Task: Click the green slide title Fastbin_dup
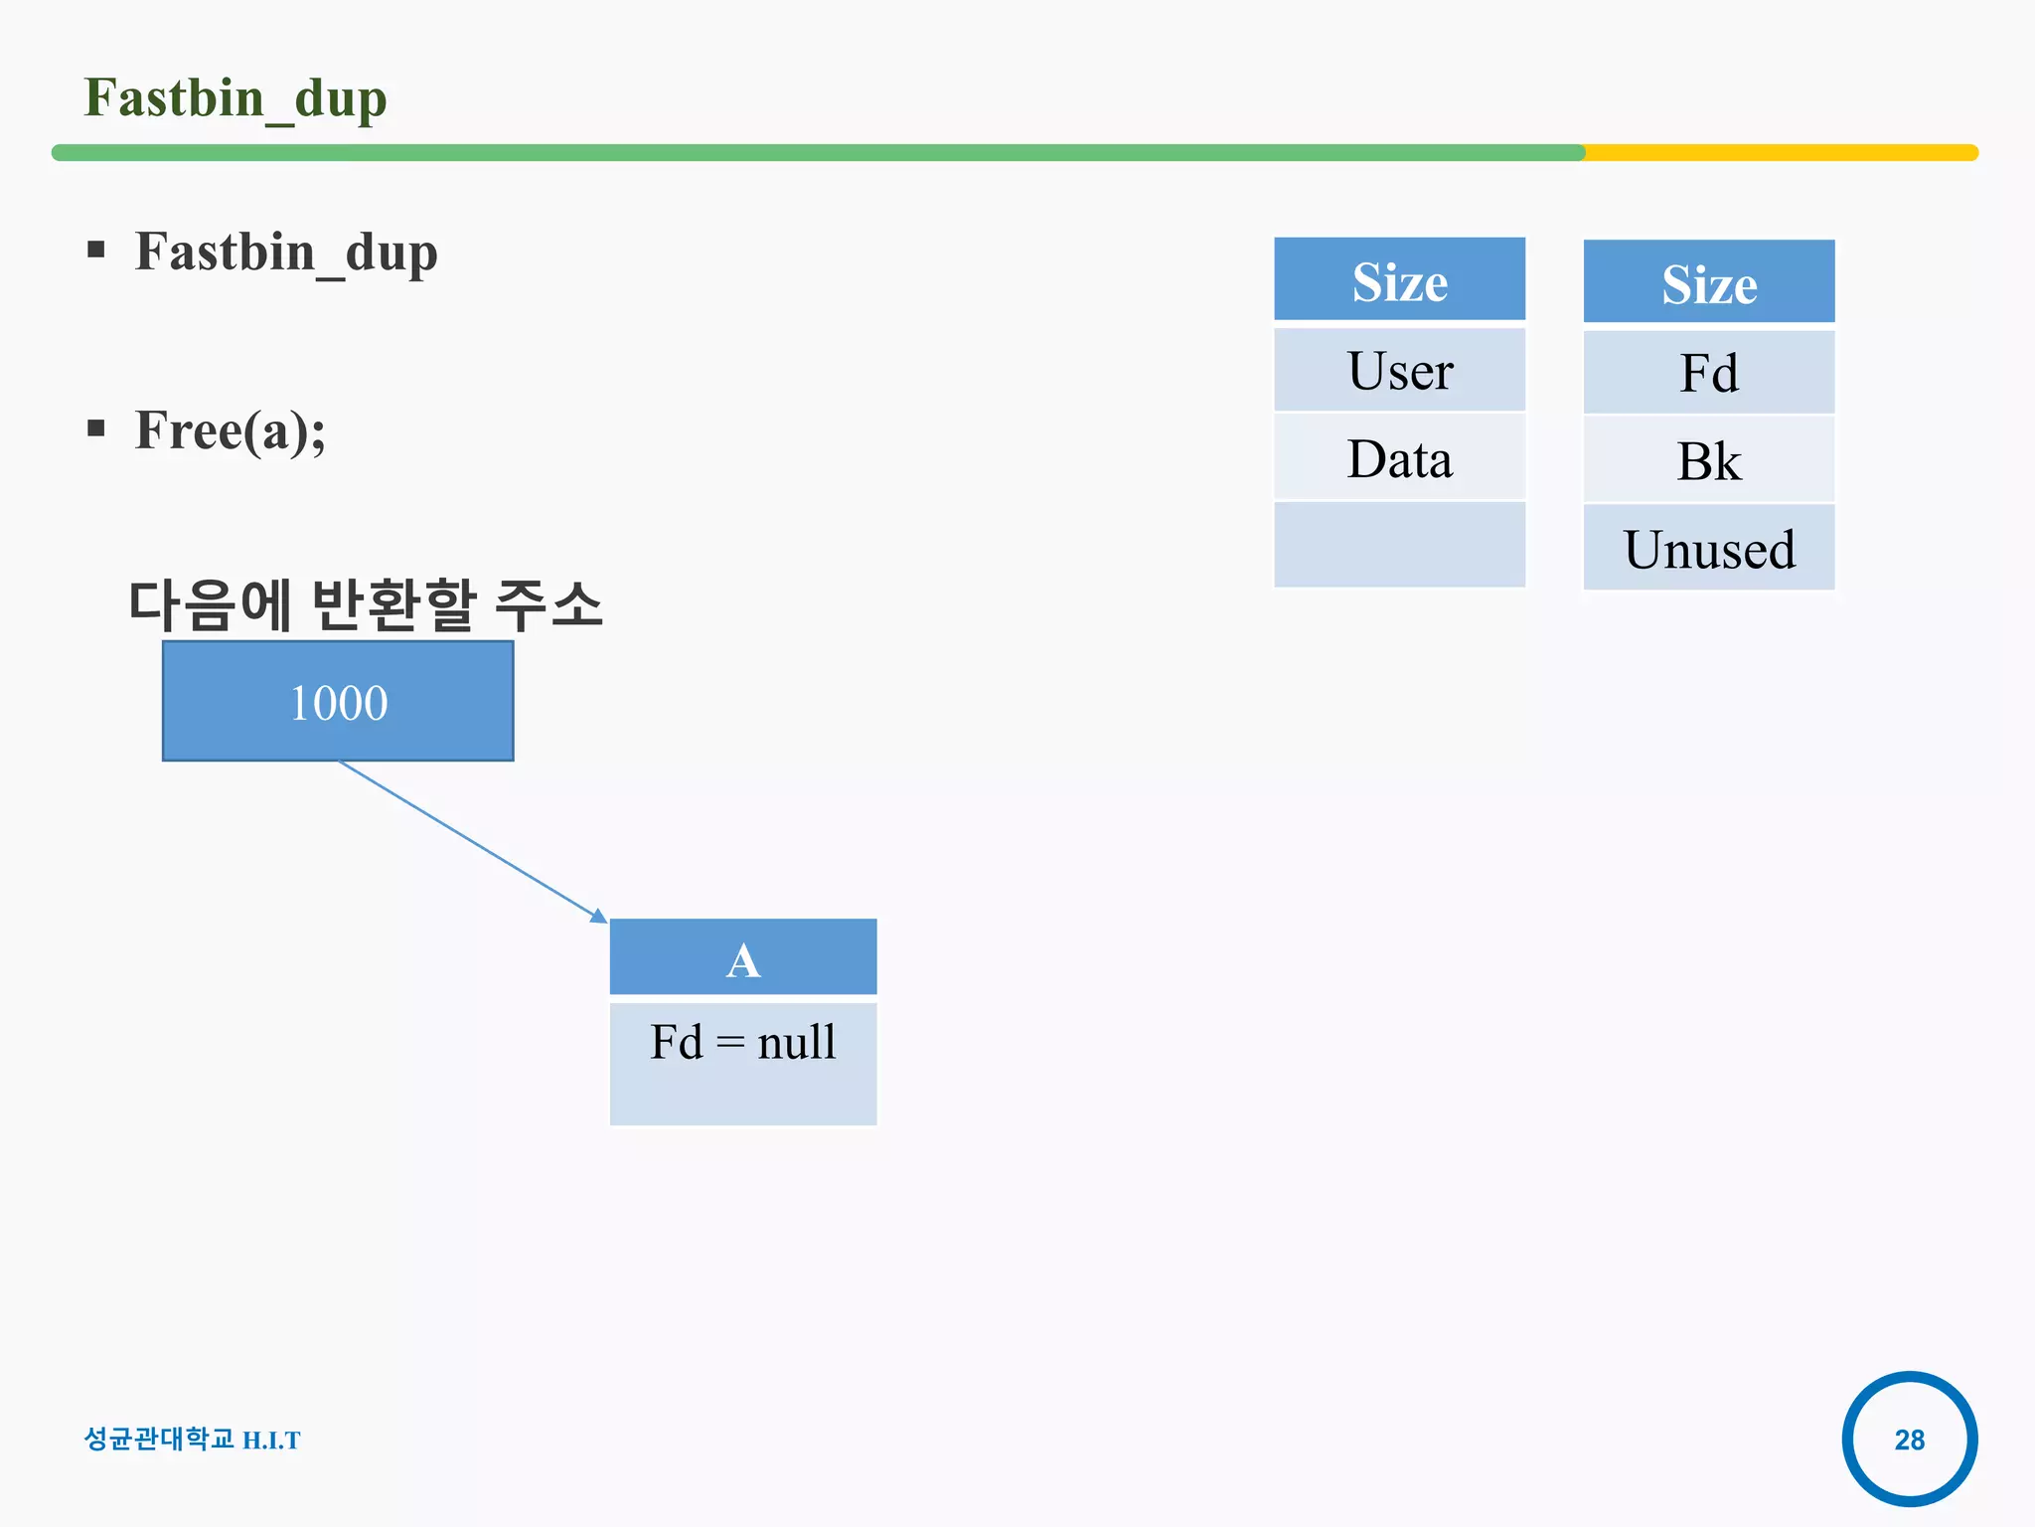pyautogui.click(x=235, y=98)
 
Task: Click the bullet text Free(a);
pyautogui.click(x=231, y=430)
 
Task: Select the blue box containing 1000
pyautogui.click(x=338, y=702)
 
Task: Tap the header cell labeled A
pyautogui.click(x=743, y=958)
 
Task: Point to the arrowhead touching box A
pyautogui.click(x=600, y=917)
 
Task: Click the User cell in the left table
pyautogui.click(x=1399, y=371)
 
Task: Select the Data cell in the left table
pyautogui.click(x=1399, y=458)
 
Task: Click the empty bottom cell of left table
pyautogui.click(x=1399, y=545)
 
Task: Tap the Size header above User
pyautogui.click(x=1399, y=281)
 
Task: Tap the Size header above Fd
pyautogui.click(x=1709, y=283)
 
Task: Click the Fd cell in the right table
pyautogui.click(x=1709, y=373)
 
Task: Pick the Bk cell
pyautogui.click(x=1709, y=460)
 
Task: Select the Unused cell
pyautogui.click(x=1709, y=549)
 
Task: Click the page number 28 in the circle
pyautogui.click(x=1909, y=1440)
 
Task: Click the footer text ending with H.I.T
pyautogui.click(x=192, y=1440)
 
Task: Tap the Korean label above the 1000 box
pyautogui.click(x=366, y=604)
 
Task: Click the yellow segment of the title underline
pyautogui.click(x=1779, y=153)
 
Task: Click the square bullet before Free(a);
pyautogui.click(x=96, y=428)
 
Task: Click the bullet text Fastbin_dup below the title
pyautogui.click(x=286, y=252)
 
